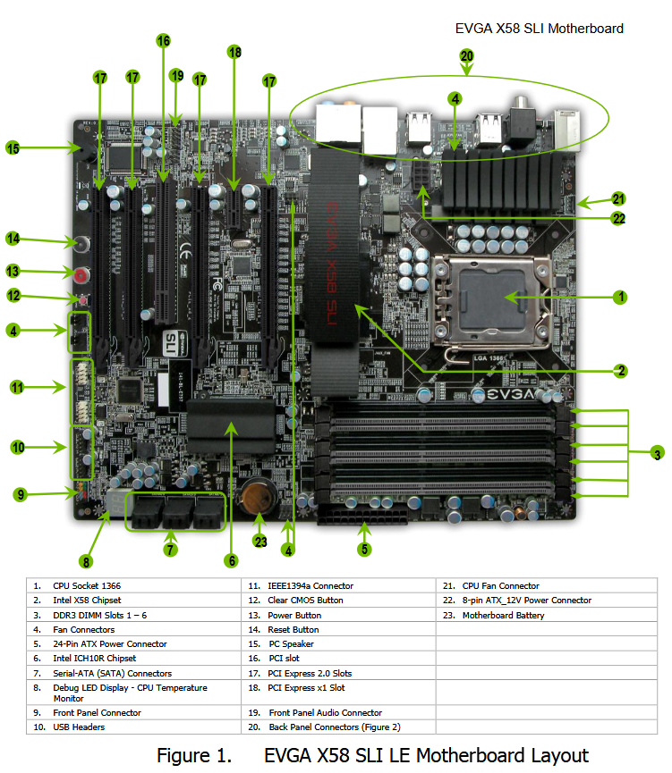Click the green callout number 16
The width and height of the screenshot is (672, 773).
(x=164, y=40)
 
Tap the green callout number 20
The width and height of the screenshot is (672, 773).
(x=466, y=55)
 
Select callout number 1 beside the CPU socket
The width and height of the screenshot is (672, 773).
(x=620, y=298)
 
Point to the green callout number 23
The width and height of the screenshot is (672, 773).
(x=260, y=542)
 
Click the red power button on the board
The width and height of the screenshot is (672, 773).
(x=82, y=274)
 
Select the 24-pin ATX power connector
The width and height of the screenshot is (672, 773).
(x=362, y=516)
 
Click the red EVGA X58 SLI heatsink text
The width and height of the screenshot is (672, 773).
(x=332, y=263)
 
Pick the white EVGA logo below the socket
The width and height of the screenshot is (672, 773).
(x=511, y=394)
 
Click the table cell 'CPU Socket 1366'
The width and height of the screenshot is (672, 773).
(x=87, y=585)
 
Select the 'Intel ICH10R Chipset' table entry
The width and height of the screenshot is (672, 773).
(x=94, y=658)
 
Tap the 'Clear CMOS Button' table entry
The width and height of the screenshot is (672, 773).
(x=306, y=600)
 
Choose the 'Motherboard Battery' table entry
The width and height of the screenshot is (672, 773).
(x=503, y=615)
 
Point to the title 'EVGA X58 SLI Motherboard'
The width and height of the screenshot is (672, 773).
(x=540, y=29)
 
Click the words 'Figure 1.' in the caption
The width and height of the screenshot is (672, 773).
(x=194, y=755)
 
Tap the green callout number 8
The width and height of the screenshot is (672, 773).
(x=86, y=562)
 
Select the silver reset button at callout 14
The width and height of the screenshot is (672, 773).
(x=82, y=244)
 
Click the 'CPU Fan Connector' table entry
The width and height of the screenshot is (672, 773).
(x=501, y=585)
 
